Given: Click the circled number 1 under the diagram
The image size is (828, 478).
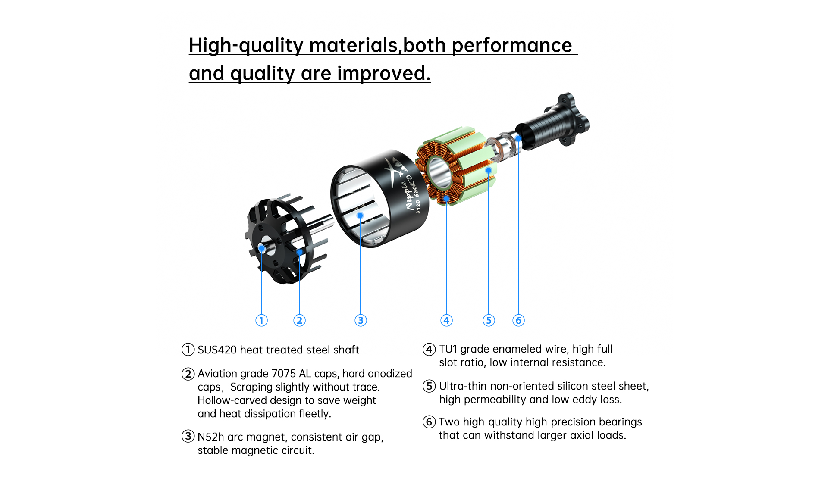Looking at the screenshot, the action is tap(261, 320).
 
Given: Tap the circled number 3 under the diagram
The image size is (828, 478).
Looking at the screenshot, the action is tap(361, 320).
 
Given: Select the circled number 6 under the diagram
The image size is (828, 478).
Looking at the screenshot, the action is tap(518, 320).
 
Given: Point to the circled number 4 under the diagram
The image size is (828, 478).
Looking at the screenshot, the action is tap(446, 320).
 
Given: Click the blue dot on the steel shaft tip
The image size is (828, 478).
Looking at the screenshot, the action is tap(262, 248).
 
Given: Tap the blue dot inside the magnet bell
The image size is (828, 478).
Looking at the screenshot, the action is tap(360, 215).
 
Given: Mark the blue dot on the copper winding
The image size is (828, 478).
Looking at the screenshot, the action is tap(447, 199).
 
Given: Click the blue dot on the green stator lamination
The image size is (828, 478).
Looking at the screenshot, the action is tap(489, 171).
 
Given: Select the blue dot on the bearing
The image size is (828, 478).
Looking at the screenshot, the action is tap(518, 138).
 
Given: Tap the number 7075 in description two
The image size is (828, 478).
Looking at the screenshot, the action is tap(284, 373).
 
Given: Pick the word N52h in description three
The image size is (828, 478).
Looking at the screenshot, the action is tap(211, 437).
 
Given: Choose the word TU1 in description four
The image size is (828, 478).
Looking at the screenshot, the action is tap(448, 349).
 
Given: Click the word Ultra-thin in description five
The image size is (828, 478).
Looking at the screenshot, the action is tap(463, 386).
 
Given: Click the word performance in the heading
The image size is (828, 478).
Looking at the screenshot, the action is tap(512, 45).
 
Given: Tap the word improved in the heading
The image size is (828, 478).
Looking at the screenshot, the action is tap(384, 73).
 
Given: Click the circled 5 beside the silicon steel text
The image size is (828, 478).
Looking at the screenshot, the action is tap(429, 386).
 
